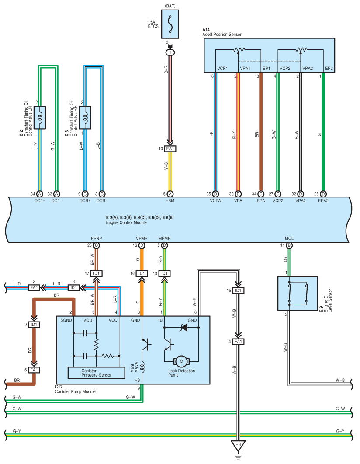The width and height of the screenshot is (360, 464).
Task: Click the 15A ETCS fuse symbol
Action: [170, 24]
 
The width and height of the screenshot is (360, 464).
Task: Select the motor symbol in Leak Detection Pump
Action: [181, 361]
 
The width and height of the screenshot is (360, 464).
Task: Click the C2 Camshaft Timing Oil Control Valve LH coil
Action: [40, 118]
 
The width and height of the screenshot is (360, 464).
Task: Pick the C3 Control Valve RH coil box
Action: [85, 118]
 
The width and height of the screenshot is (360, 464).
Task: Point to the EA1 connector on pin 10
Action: [170, 149]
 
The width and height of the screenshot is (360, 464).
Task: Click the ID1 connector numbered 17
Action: [97, 274]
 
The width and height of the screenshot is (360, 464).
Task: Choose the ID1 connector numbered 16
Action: [142, 274]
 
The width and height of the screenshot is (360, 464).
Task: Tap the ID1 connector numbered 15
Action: [238, 291]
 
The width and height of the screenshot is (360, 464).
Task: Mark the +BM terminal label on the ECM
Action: [170, 201]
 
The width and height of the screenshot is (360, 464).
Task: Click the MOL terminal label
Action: [289, 239]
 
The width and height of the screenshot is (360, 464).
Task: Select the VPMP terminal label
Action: [142, 239]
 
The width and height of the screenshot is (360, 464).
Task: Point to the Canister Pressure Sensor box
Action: [97, 373]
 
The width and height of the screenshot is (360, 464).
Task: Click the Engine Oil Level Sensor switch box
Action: [298, 294]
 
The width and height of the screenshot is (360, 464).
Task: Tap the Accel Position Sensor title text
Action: [222, 35]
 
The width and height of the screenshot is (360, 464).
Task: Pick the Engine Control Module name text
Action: [126, 222]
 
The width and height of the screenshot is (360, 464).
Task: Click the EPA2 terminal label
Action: [323, 201]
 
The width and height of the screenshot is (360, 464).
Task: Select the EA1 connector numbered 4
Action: [238, 342]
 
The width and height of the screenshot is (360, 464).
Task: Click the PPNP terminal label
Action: [97, 239]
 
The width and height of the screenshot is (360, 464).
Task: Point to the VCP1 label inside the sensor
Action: [222, 68]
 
